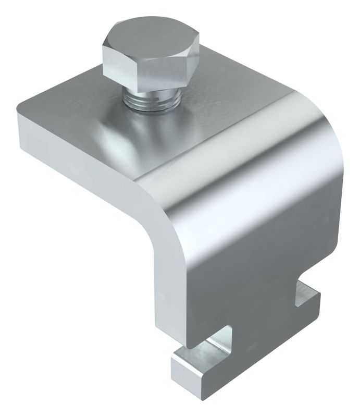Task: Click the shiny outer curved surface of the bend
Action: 250,172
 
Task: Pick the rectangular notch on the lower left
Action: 208,344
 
